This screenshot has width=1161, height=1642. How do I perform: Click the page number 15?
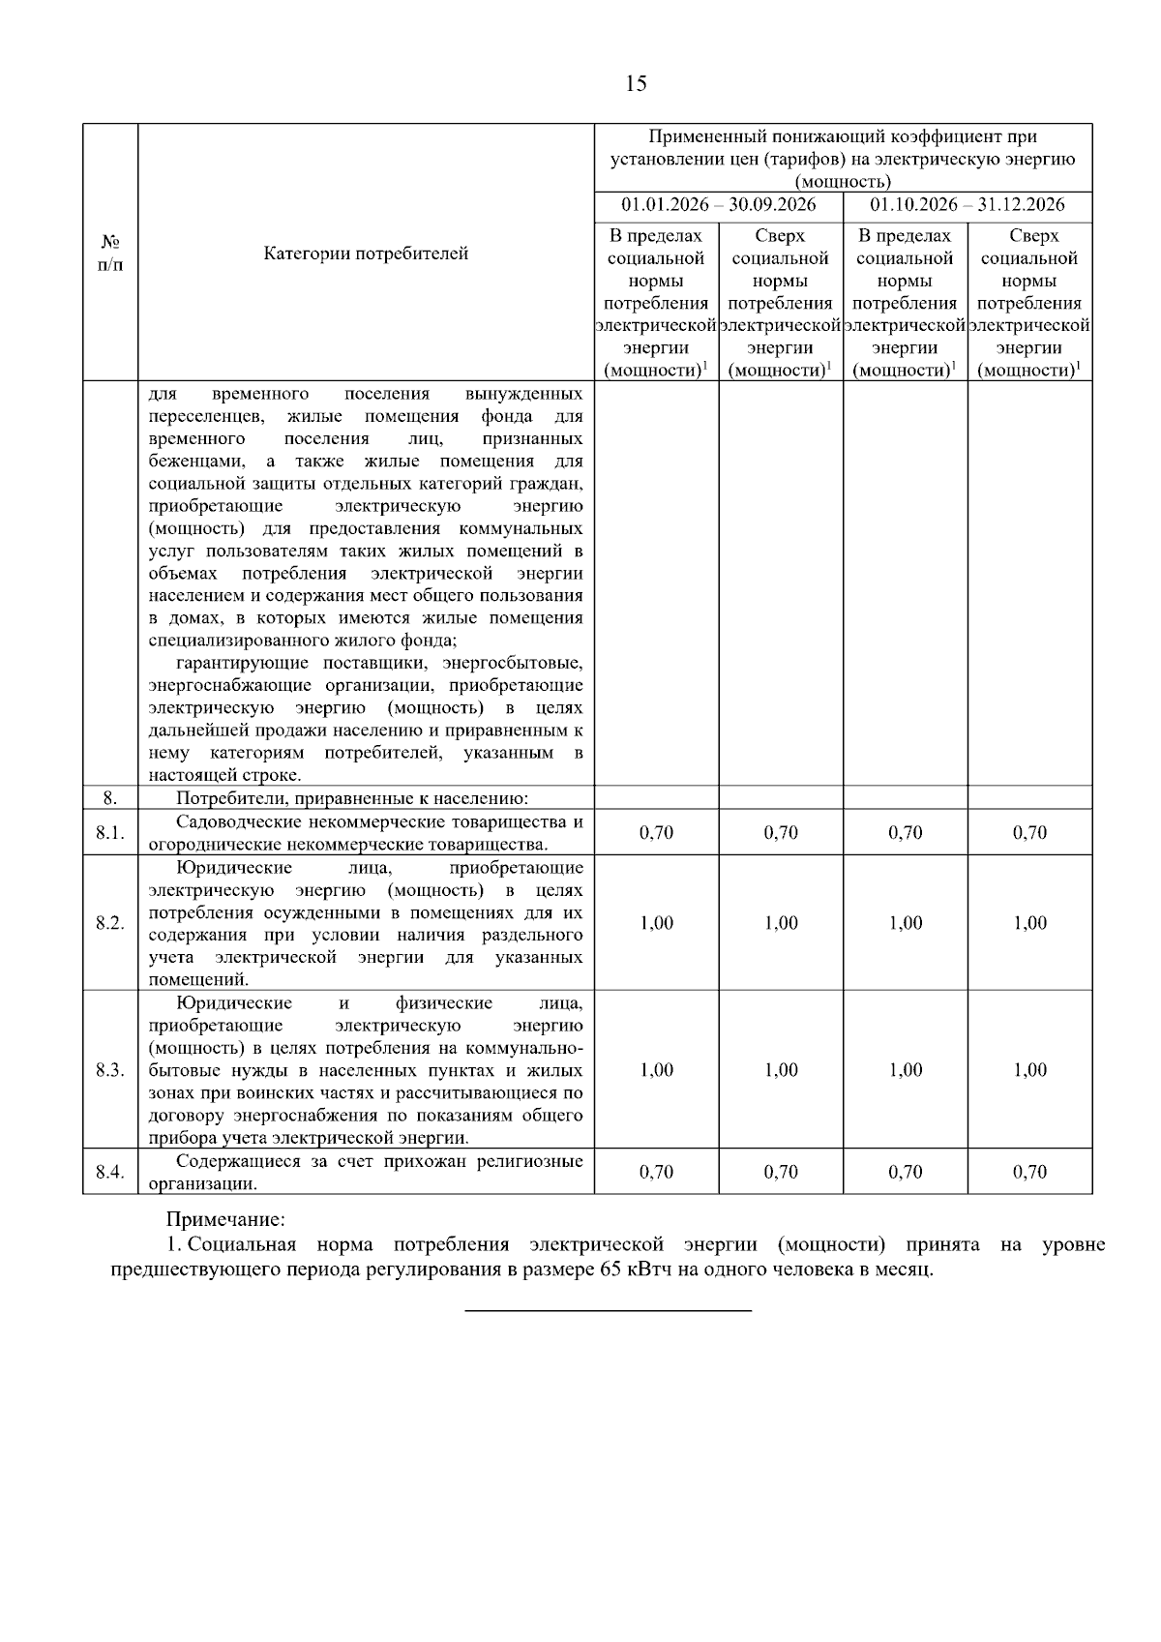(636, 83)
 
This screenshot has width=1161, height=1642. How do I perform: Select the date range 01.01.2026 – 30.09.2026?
(718, 205)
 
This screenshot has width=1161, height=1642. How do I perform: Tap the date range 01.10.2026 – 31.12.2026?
(967, 205)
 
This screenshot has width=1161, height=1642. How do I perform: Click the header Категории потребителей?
(366, 254)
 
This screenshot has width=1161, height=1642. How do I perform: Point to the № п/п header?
(110, 254)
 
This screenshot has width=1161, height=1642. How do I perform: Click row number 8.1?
(110, 833)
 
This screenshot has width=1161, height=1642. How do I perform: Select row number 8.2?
(110, 923)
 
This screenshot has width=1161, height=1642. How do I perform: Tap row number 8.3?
(110, 1070)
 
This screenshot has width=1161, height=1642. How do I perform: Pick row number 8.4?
(110, 1173)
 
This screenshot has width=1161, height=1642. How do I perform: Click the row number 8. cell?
(110, 798)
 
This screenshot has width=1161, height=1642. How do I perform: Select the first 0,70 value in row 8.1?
(656, 833)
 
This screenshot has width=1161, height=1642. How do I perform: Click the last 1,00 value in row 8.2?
(1029, 923)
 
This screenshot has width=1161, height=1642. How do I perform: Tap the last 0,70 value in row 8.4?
(1029, 1173)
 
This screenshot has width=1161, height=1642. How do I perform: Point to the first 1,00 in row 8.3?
(656, 1070)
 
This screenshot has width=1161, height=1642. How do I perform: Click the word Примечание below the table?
(225, 1219)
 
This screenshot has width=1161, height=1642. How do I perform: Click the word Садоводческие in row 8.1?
(238, 822)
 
